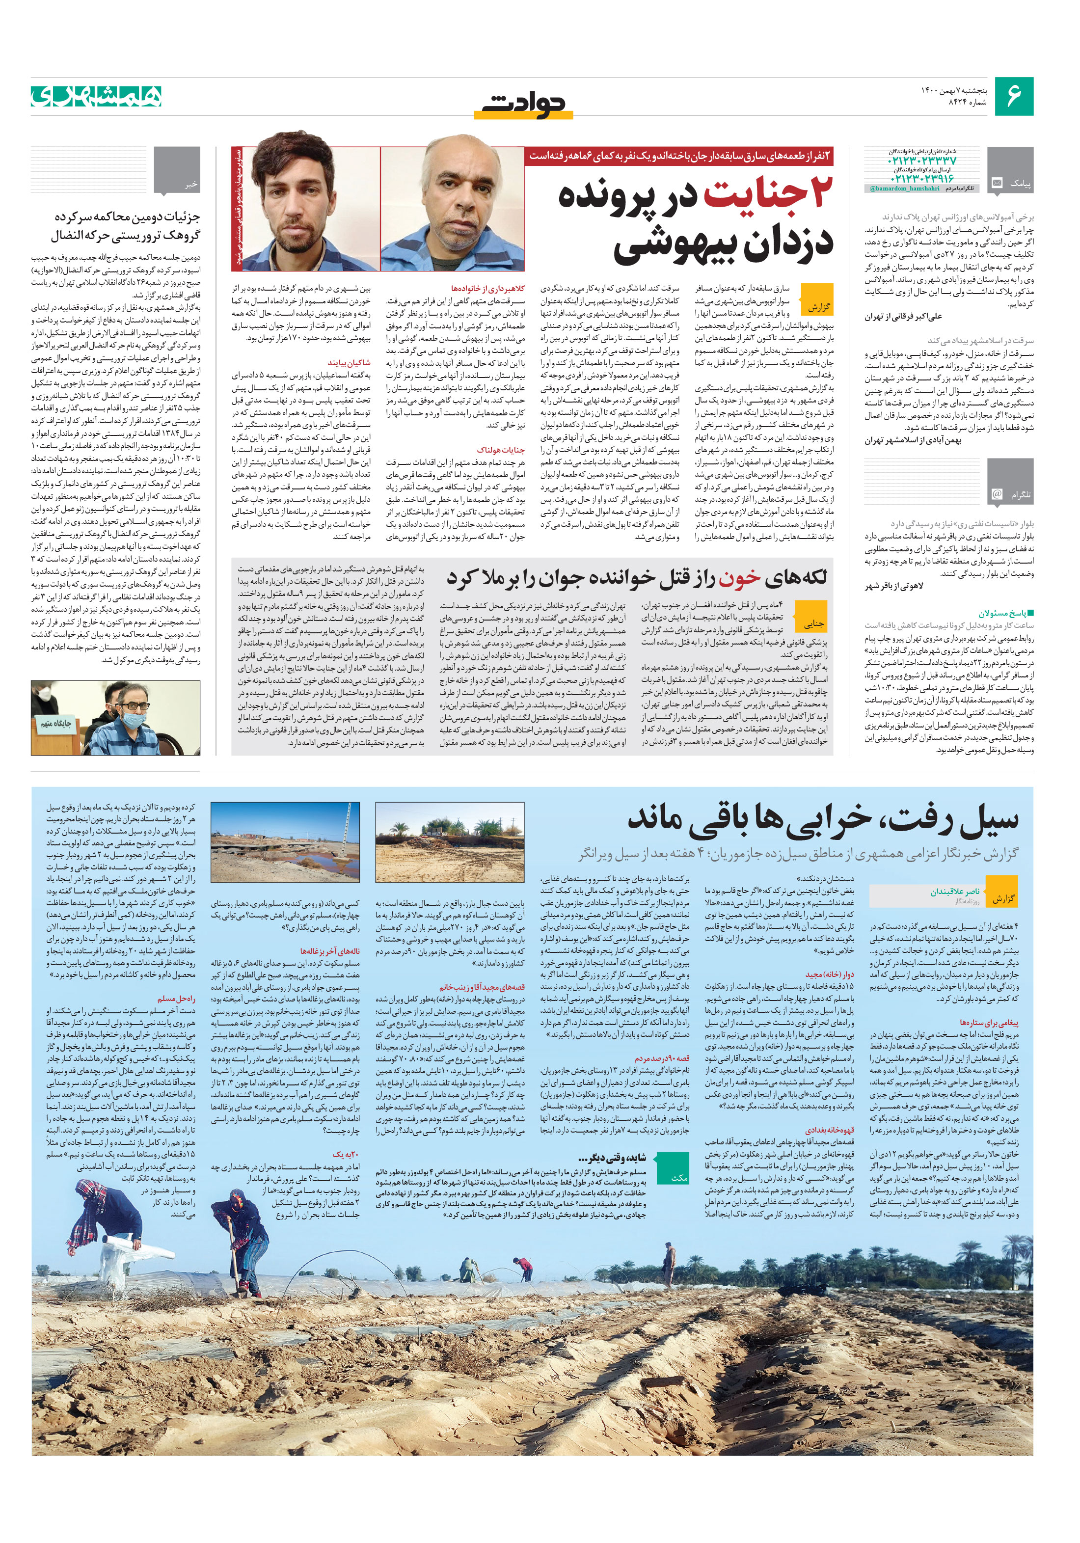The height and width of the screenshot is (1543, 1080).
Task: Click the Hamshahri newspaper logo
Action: pos(96,97)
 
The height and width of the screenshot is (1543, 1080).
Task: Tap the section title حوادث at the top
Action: pos(528,104)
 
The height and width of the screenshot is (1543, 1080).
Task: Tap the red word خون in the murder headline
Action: pos(739,577)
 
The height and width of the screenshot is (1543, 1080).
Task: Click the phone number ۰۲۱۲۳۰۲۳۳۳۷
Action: pos(921,162)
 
